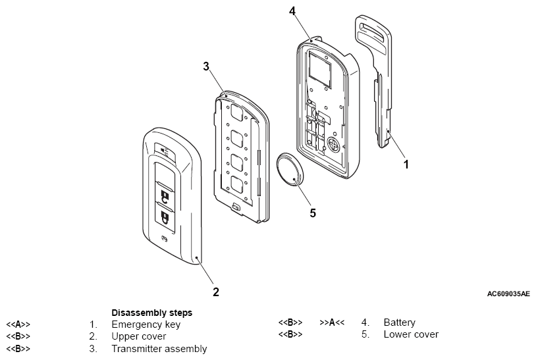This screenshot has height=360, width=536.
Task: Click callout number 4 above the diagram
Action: (292, 11)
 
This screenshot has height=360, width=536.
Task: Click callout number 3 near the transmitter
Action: (206, 66)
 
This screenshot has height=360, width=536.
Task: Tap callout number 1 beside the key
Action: (406, 165)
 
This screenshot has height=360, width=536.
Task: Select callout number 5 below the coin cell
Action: (313, 213)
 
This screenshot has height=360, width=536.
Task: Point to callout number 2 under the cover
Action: (216, 292)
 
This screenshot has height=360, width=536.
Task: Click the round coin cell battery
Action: (290, 170)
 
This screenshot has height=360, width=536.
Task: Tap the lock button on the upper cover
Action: (165, 215)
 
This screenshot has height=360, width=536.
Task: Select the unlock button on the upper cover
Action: (165, 194)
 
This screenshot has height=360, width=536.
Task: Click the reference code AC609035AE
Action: (508, 294)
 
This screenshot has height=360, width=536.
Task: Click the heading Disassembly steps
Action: (151, 313)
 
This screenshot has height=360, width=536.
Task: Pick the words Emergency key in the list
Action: (146, 324)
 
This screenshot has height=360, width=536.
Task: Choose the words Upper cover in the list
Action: (139, 336)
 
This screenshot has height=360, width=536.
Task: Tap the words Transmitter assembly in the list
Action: (159, 349)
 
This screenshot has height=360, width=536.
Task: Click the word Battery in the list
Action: (399, 322)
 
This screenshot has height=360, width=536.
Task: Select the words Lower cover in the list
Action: (411, 334)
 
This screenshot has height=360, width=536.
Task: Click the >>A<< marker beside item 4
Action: (332, 322)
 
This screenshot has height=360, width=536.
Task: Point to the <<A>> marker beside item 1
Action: (18, 324)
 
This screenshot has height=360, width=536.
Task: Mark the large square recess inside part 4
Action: (320, 68)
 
